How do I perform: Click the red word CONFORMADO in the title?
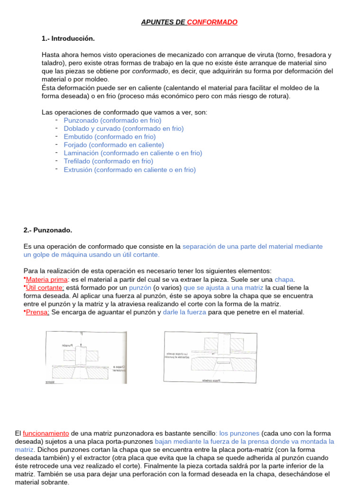point(212,22)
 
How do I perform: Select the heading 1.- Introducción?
point(68,38)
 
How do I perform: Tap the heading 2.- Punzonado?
point(48,230)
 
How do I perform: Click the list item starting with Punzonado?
point(112,120)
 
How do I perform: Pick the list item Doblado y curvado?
point(124,128)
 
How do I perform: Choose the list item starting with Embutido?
point(109,137)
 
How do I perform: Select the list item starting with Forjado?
point(114,145)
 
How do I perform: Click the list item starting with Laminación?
point(133,153)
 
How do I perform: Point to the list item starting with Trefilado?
point(109,161)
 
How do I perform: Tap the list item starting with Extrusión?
point(129,170)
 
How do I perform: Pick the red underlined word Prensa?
point(37,312)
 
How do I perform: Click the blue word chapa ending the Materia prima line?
point(284,279)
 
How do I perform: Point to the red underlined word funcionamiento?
point(46,433)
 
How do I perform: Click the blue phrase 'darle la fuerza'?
point(184,312)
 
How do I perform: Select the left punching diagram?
point(86,357)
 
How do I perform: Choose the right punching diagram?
point(210,357)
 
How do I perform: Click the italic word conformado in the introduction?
point(150,71)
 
